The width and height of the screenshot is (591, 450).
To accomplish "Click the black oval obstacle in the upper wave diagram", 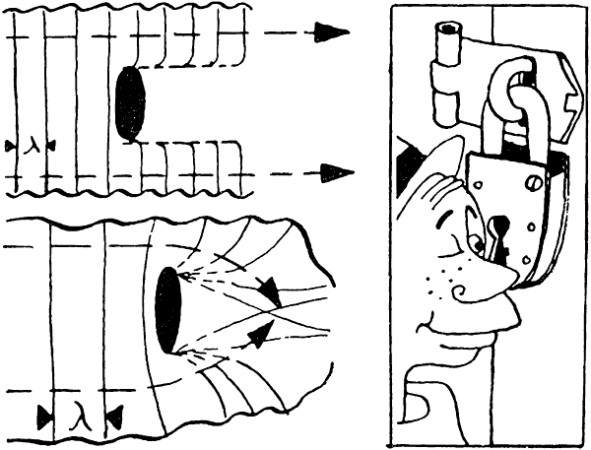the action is [130, 104].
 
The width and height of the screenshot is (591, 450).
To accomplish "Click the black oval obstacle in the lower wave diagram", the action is [168, 310].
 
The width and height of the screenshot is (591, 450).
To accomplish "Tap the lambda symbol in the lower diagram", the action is [82, 417].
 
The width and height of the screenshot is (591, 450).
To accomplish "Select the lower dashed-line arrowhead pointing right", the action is [337, 172].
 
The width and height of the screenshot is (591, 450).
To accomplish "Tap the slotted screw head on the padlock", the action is [532, 183].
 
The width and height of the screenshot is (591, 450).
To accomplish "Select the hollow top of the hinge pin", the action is [448, 29].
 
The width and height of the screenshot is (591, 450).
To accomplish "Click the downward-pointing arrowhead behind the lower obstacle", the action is [269, 290].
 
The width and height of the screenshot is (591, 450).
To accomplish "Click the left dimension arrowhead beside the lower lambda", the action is [45, 417].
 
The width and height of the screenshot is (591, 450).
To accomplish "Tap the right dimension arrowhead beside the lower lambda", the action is [114, 417].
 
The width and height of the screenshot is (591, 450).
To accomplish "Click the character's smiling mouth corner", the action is [422, 327].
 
